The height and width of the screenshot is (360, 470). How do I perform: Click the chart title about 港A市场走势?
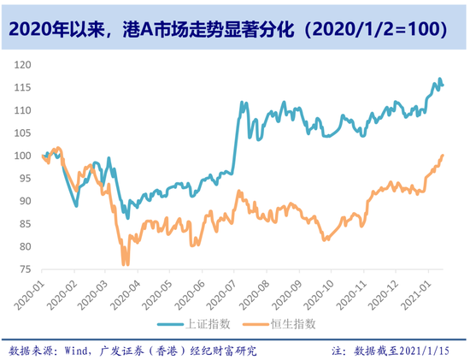[x=234, y=29]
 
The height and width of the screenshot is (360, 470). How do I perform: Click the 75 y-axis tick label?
[x=25, y=269]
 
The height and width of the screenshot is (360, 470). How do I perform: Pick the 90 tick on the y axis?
[x=25, y=201]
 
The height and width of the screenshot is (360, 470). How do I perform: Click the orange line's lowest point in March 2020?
[x=125, y=264]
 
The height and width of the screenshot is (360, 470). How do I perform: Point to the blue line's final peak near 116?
[x=440, y=80]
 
